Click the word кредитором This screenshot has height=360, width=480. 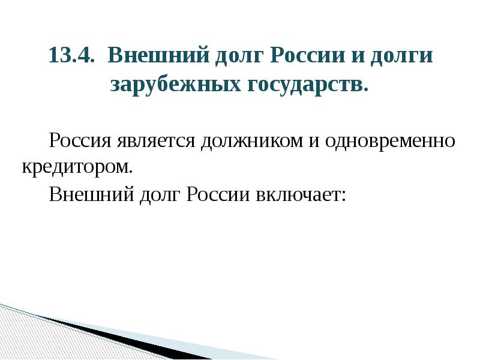(77, 166)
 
